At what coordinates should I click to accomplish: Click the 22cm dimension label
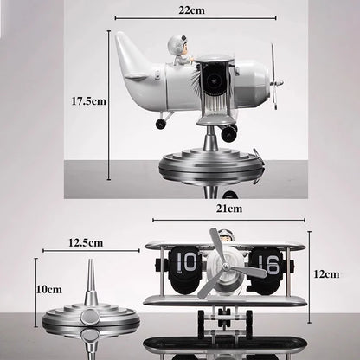191,10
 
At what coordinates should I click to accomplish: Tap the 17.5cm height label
89,101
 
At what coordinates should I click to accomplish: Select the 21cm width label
229,209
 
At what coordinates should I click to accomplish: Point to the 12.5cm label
86,242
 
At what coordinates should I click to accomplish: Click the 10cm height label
49,289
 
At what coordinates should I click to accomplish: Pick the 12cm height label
326,273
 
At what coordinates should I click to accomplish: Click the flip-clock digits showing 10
185,261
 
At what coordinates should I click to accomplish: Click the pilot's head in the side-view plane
176,45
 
